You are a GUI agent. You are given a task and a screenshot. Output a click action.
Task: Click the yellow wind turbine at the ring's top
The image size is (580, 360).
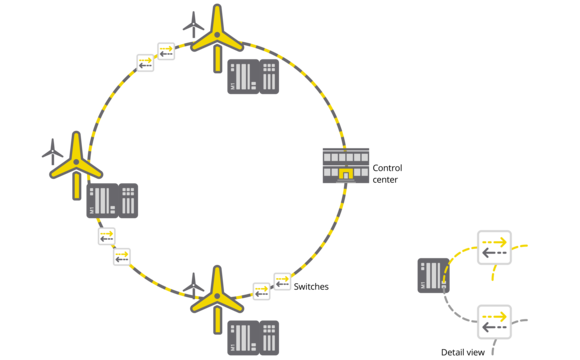(215, 38)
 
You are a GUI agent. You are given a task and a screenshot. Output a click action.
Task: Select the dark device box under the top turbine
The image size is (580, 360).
(252, 77)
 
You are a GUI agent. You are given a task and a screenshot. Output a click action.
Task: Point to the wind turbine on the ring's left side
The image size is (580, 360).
(75, 163)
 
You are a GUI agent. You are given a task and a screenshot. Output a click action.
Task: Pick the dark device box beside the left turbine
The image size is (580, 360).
(112, 200)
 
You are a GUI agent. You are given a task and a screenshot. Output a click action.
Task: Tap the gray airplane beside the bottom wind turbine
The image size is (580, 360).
(194, 284)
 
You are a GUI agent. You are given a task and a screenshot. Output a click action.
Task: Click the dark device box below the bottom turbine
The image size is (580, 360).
(252, 338)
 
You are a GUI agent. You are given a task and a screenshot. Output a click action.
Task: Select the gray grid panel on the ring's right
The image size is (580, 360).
(346, 165)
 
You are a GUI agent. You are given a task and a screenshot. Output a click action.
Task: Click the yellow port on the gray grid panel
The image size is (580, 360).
(345, 175)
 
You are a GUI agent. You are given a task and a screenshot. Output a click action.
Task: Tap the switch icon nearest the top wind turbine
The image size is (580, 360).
(166, 51)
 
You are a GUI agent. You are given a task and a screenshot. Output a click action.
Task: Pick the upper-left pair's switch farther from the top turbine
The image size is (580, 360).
(146, 62)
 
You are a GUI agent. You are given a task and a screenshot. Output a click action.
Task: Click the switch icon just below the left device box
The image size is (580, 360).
(107, 236)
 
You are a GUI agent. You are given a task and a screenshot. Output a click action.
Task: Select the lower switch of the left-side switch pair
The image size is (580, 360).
(121, 257)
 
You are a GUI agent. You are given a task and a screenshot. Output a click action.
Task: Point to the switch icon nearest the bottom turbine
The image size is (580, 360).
(261, 292)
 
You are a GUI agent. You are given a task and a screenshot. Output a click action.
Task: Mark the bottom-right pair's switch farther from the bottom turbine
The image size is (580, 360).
(282, 281)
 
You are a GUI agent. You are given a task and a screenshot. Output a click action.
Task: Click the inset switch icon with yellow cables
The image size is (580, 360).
(494, 247)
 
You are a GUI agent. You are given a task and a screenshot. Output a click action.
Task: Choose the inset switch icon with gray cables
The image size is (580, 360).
(494, 322)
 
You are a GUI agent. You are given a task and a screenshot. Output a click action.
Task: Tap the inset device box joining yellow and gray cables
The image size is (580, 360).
(434, 275)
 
